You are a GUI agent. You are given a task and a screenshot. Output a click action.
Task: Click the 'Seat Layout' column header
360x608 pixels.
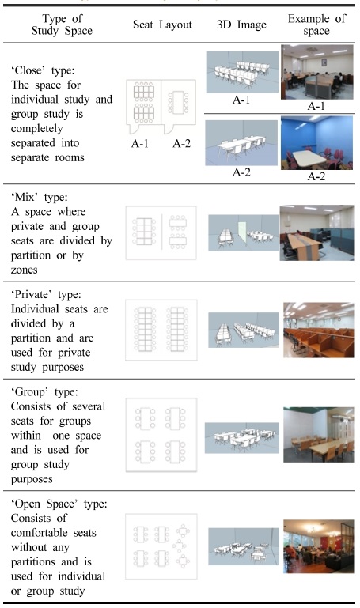click(x=162, y=25)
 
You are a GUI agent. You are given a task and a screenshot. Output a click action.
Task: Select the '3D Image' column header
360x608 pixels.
click(x=235, y=25)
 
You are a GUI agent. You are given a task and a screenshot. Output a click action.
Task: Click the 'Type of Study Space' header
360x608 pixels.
click(x=63, y=25)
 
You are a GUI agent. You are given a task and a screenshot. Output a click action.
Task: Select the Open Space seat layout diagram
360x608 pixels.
click(x=161, y=543)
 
